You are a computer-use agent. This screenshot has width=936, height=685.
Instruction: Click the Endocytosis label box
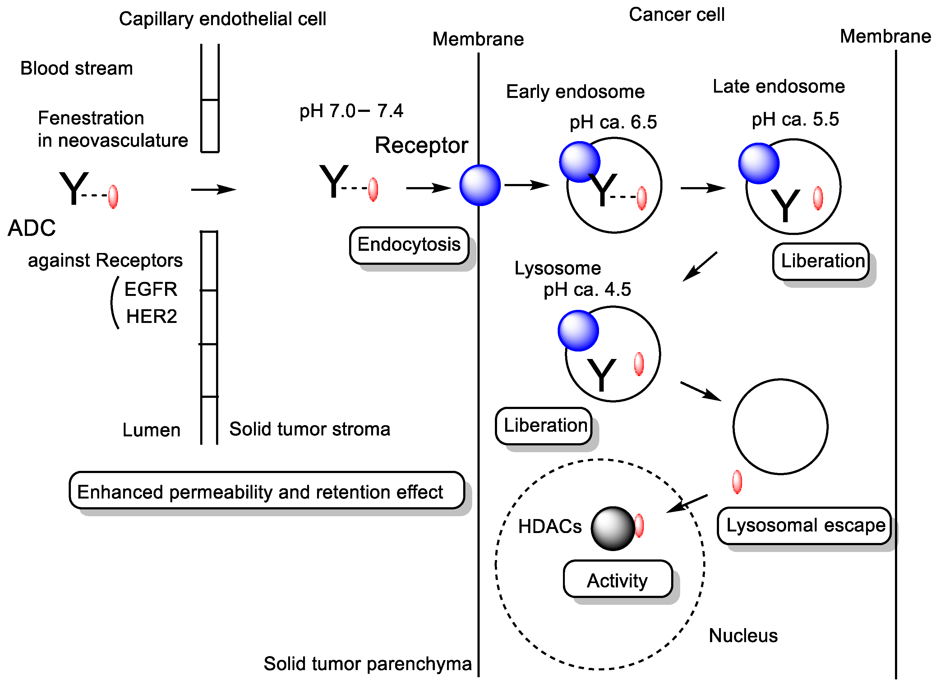tap(409, 245)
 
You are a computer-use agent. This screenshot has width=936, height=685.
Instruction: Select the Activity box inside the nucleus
tap(617, 579)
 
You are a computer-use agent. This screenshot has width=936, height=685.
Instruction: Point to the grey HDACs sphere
tap(612, 528)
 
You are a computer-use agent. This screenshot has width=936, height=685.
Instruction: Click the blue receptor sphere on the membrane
tap(480, 185)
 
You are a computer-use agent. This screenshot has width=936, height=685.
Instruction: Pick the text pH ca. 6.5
tap(613, 122)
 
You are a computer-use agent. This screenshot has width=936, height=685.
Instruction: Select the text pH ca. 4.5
tap(587, 289)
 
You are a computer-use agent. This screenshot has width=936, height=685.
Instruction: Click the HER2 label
tap(151, 317)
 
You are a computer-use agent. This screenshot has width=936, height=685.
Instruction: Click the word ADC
tap(31, 228)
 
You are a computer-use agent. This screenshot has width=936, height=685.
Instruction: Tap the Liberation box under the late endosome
tap(821, 262)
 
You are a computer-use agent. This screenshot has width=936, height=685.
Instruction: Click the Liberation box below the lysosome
tap(544, 426)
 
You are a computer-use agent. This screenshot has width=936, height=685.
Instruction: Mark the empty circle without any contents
tap(780, 426)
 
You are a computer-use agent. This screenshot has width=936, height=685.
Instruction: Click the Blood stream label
tap(77, 68)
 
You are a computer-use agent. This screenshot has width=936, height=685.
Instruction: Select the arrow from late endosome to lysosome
tap(700, 266)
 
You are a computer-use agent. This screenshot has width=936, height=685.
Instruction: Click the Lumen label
tap(151, 430)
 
